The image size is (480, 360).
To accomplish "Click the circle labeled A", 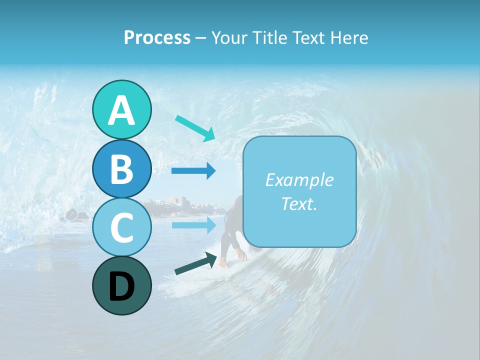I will coord(121,110).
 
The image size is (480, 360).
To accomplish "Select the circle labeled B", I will coord(121,169).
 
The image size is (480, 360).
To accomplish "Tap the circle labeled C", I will coord(121,227).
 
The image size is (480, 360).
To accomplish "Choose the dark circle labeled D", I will coord(121,285).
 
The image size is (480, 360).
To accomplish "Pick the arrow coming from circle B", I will coord(193,171).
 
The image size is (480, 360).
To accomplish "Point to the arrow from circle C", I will coord(193,224).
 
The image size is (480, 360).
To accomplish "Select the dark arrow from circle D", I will coord(195,263).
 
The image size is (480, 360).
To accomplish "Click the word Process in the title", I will coord(157,37).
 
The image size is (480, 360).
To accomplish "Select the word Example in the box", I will coord(299,180).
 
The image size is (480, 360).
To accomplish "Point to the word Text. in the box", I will coord(299,203).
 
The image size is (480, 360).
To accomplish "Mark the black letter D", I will coord(121,286).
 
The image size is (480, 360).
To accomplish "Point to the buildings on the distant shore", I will coord(177,202).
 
